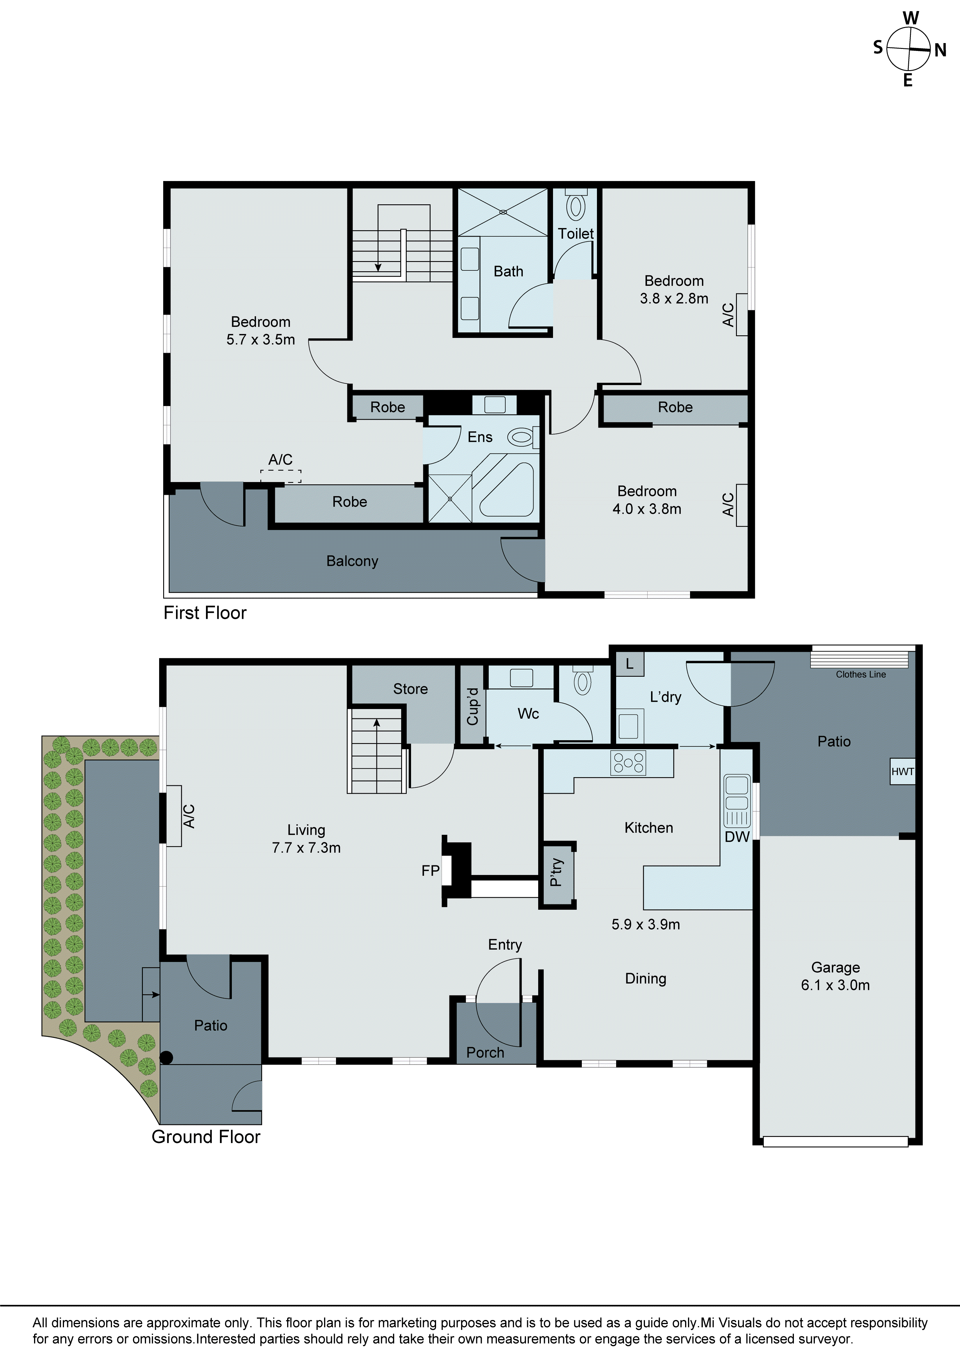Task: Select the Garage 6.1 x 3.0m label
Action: click(835, 976)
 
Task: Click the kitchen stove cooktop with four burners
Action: click(629, 763)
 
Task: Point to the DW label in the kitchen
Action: click(737, 836)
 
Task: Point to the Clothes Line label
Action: click(861, 674)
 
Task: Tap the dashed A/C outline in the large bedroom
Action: click(280, 476)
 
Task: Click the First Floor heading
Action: click(205, 613)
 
